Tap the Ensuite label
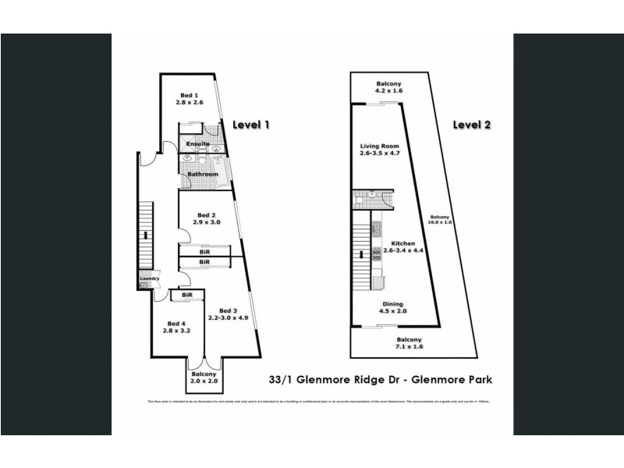point(196,144)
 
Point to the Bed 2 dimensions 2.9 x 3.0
point(208,222)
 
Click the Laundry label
point(149,279)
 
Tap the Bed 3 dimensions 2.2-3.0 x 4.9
point(228,317)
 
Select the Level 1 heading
point(251,124)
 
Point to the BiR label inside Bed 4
point(187,296)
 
